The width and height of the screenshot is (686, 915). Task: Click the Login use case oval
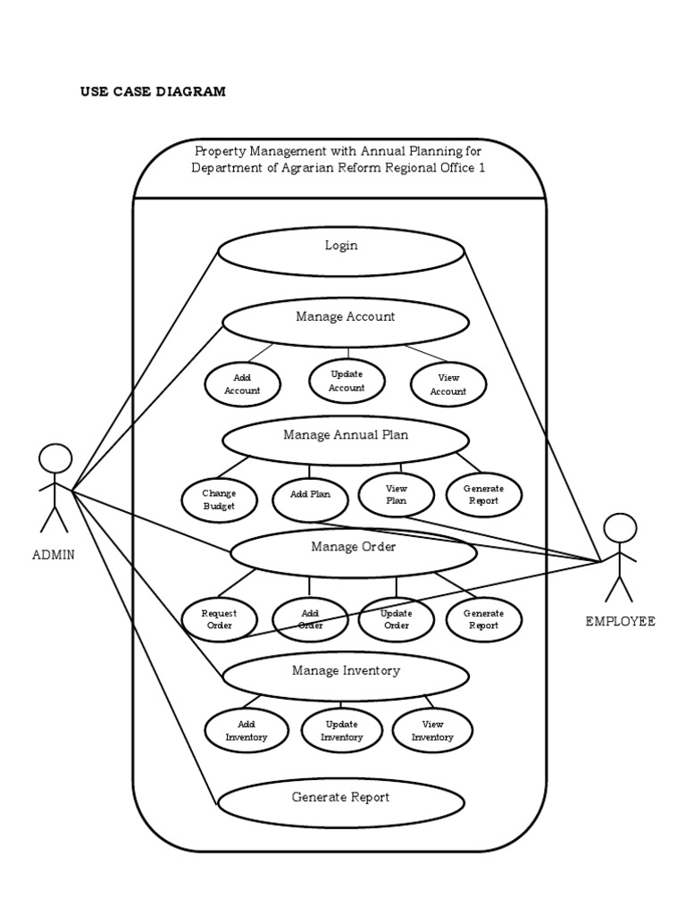[341, 246]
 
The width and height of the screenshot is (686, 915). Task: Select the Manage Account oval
[345, 316]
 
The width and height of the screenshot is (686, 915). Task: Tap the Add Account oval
[242, 384]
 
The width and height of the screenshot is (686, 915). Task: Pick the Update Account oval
[347, 381]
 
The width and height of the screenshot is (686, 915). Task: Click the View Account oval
[448, 385]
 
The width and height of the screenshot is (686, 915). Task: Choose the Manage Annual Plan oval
[346, 436]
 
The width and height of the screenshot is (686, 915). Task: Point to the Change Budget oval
[219, 499]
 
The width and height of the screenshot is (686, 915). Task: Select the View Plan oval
[396, 495]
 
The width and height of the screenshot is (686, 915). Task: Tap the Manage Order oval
[353, 548]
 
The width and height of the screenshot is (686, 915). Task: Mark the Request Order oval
[219, 619]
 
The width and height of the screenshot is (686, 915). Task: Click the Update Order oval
[396, 619]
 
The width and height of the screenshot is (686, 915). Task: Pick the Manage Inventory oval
[346, 671]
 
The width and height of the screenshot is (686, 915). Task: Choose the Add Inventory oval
[246, 731]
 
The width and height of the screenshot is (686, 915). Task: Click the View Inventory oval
[432, 731]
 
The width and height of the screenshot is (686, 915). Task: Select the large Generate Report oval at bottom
[340, 798]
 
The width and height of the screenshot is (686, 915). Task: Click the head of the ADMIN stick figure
[54, 459]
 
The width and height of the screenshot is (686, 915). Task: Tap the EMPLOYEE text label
[620, 622]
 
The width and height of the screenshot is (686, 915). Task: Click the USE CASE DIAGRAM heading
[153, 91]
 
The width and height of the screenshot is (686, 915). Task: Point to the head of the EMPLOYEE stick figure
[620, 528]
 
